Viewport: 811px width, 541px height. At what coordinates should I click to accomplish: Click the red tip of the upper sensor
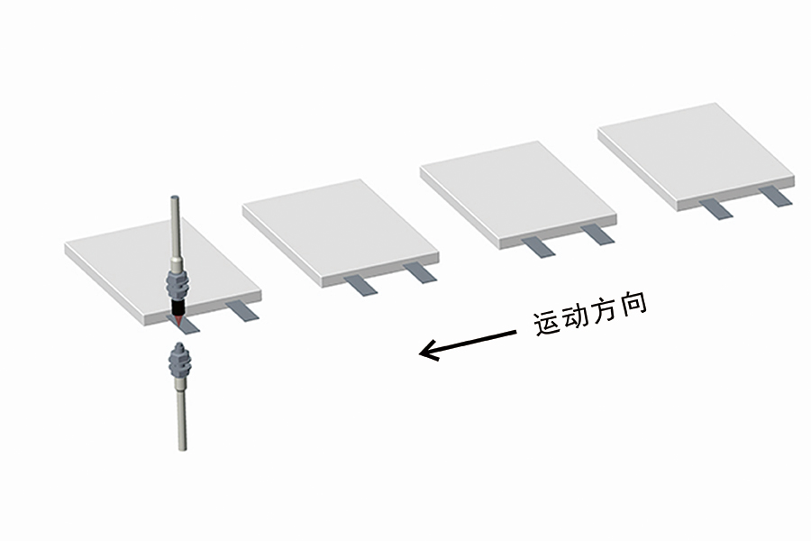coord(178,321)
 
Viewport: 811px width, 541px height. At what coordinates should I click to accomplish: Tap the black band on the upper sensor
coord(178,308)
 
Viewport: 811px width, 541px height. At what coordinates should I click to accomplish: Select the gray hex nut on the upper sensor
coord(177,285)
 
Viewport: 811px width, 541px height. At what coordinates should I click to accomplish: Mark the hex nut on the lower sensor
coord(179,361)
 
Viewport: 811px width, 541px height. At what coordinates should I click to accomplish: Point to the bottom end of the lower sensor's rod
coord(182,448)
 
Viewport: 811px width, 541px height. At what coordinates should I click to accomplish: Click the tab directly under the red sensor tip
coord(183,326)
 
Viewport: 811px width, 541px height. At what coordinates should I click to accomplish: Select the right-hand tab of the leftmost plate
coord(243,310)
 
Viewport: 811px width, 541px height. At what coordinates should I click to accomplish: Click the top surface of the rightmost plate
coord(697,151)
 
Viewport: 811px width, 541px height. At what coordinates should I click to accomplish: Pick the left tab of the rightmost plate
coord(715,208)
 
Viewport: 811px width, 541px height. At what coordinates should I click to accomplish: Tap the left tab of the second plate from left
coord(361,285)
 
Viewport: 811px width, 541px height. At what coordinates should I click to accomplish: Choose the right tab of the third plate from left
coord(598,234)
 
